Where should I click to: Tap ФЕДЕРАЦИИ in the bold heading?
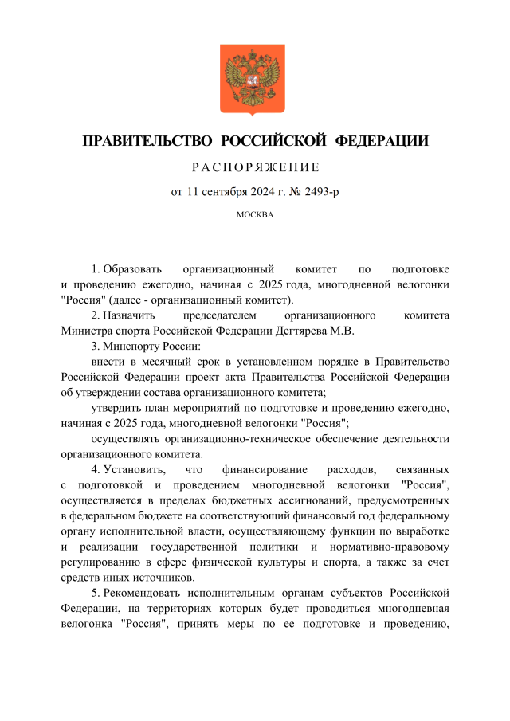tap(381, 142)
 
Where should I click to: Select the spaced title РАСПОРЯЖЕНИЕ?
tap(255, 168)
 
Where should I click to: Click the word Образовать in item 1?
tap(131, 270)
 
